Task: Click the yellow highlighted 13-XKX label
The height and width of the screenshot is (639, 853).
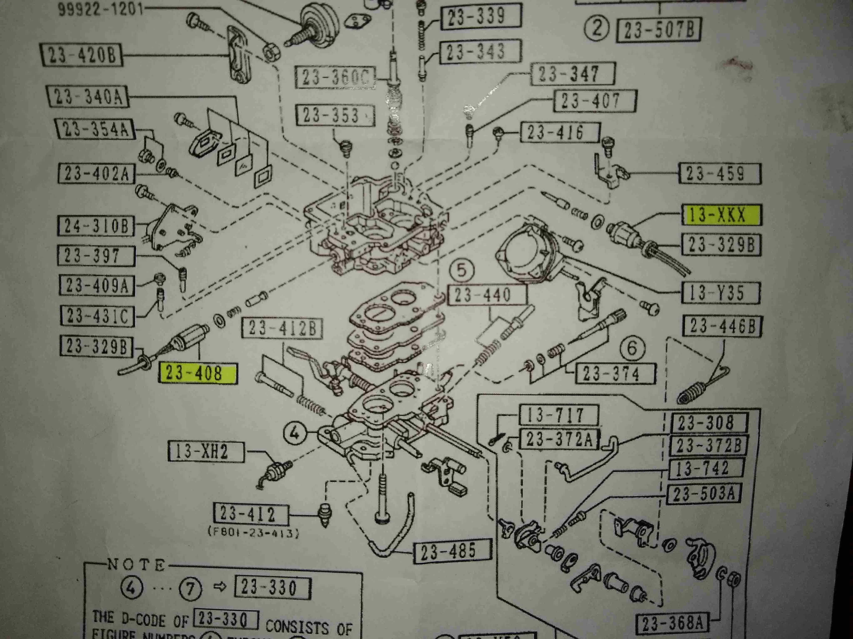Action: [722, 215]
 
